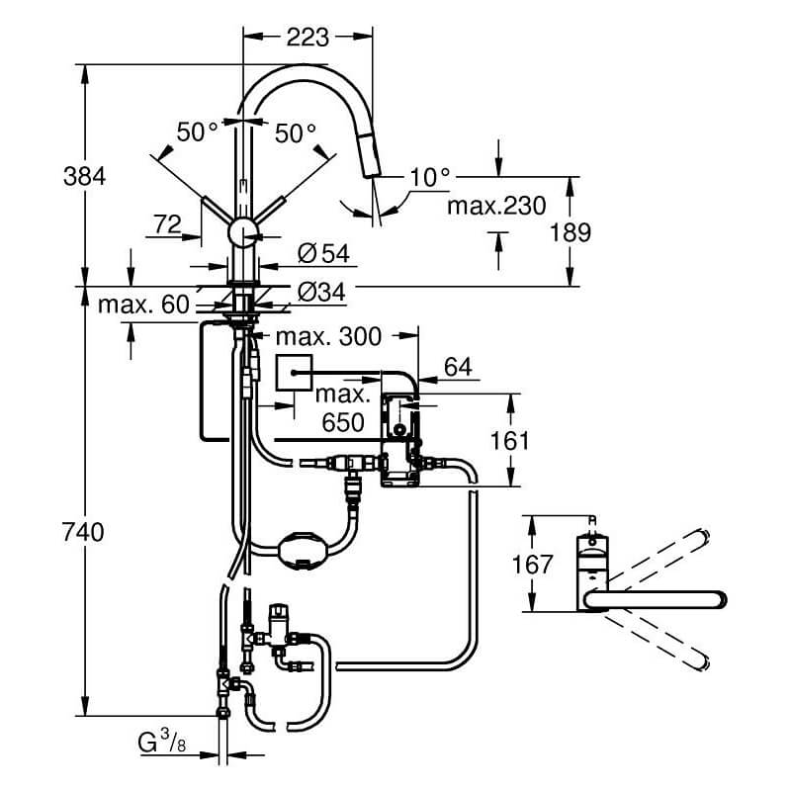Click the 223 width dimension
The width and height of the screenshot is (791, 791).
click(x=308, y=38)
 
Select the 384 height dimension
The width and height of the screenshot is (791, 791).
click(x=85, y=177)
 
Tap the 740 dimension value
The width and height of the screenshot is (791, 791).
click(x=83, y=532)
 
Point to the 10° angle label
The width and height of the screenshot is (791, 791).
click(x=429, y=177)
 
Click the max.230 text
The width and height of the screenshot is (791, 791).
click(x=497, y=206)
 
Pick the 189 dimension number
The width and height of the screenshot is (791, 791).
click(x=571, y=232)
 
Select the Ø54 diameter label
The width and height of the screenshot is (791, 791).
click(x=323, y=253)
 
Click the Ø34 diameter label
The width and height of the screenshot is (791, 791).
click(x=321, y=292)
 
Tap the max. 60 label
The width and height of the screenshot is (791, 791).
click(x=143, y=305)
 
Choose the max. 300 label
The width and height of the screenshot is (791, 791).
click(x=328, y=336)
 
